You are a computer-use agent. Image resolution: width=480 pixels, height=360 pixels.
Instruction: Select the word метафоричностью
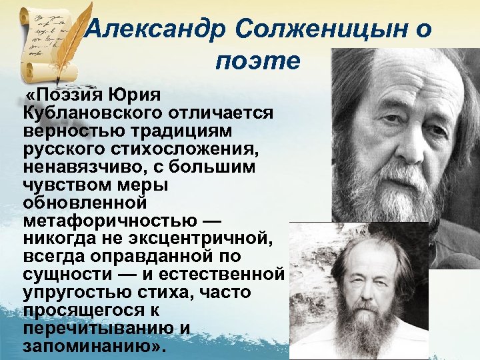tap(111, 221)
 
